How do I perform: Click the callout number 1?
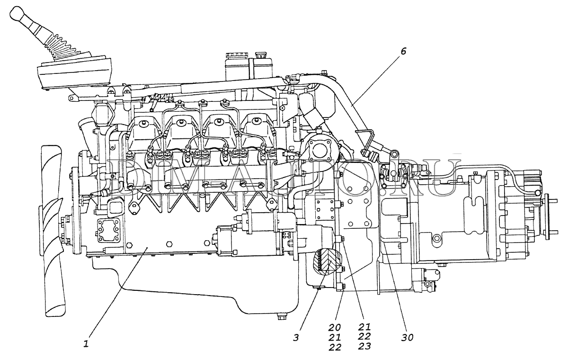(86, 344)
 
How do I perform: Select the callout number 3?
(296, 337)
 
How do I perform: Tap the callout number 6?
(403, 52)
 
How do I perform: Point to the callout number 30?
(407, 337)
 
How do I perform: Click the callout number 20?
(336, 327)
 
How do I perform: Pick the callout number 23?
(364, 346)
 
